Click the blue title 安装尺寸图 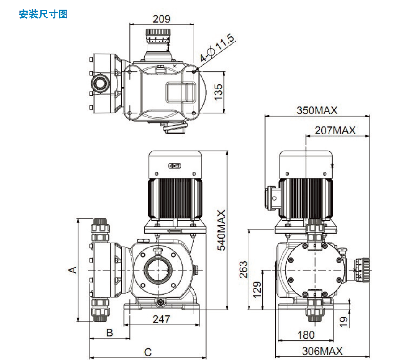coord(43,14)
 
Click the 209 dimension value coord(161,19)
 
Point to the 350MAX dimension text coord(317,110)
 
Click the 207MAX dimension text coord(335,130)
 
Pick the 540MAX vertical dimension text coord(222,230)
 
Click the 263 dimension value coord(243,270)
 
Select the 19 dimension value coord(343,321)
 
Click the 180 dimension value coord(306,335)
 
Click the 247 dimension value coord(161,319)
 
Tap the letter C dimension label coord(148,352)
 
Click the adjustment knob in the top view coord(159,35)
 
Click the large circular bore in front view coord(158,270)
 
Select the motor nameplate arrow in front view coord(175,166)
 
